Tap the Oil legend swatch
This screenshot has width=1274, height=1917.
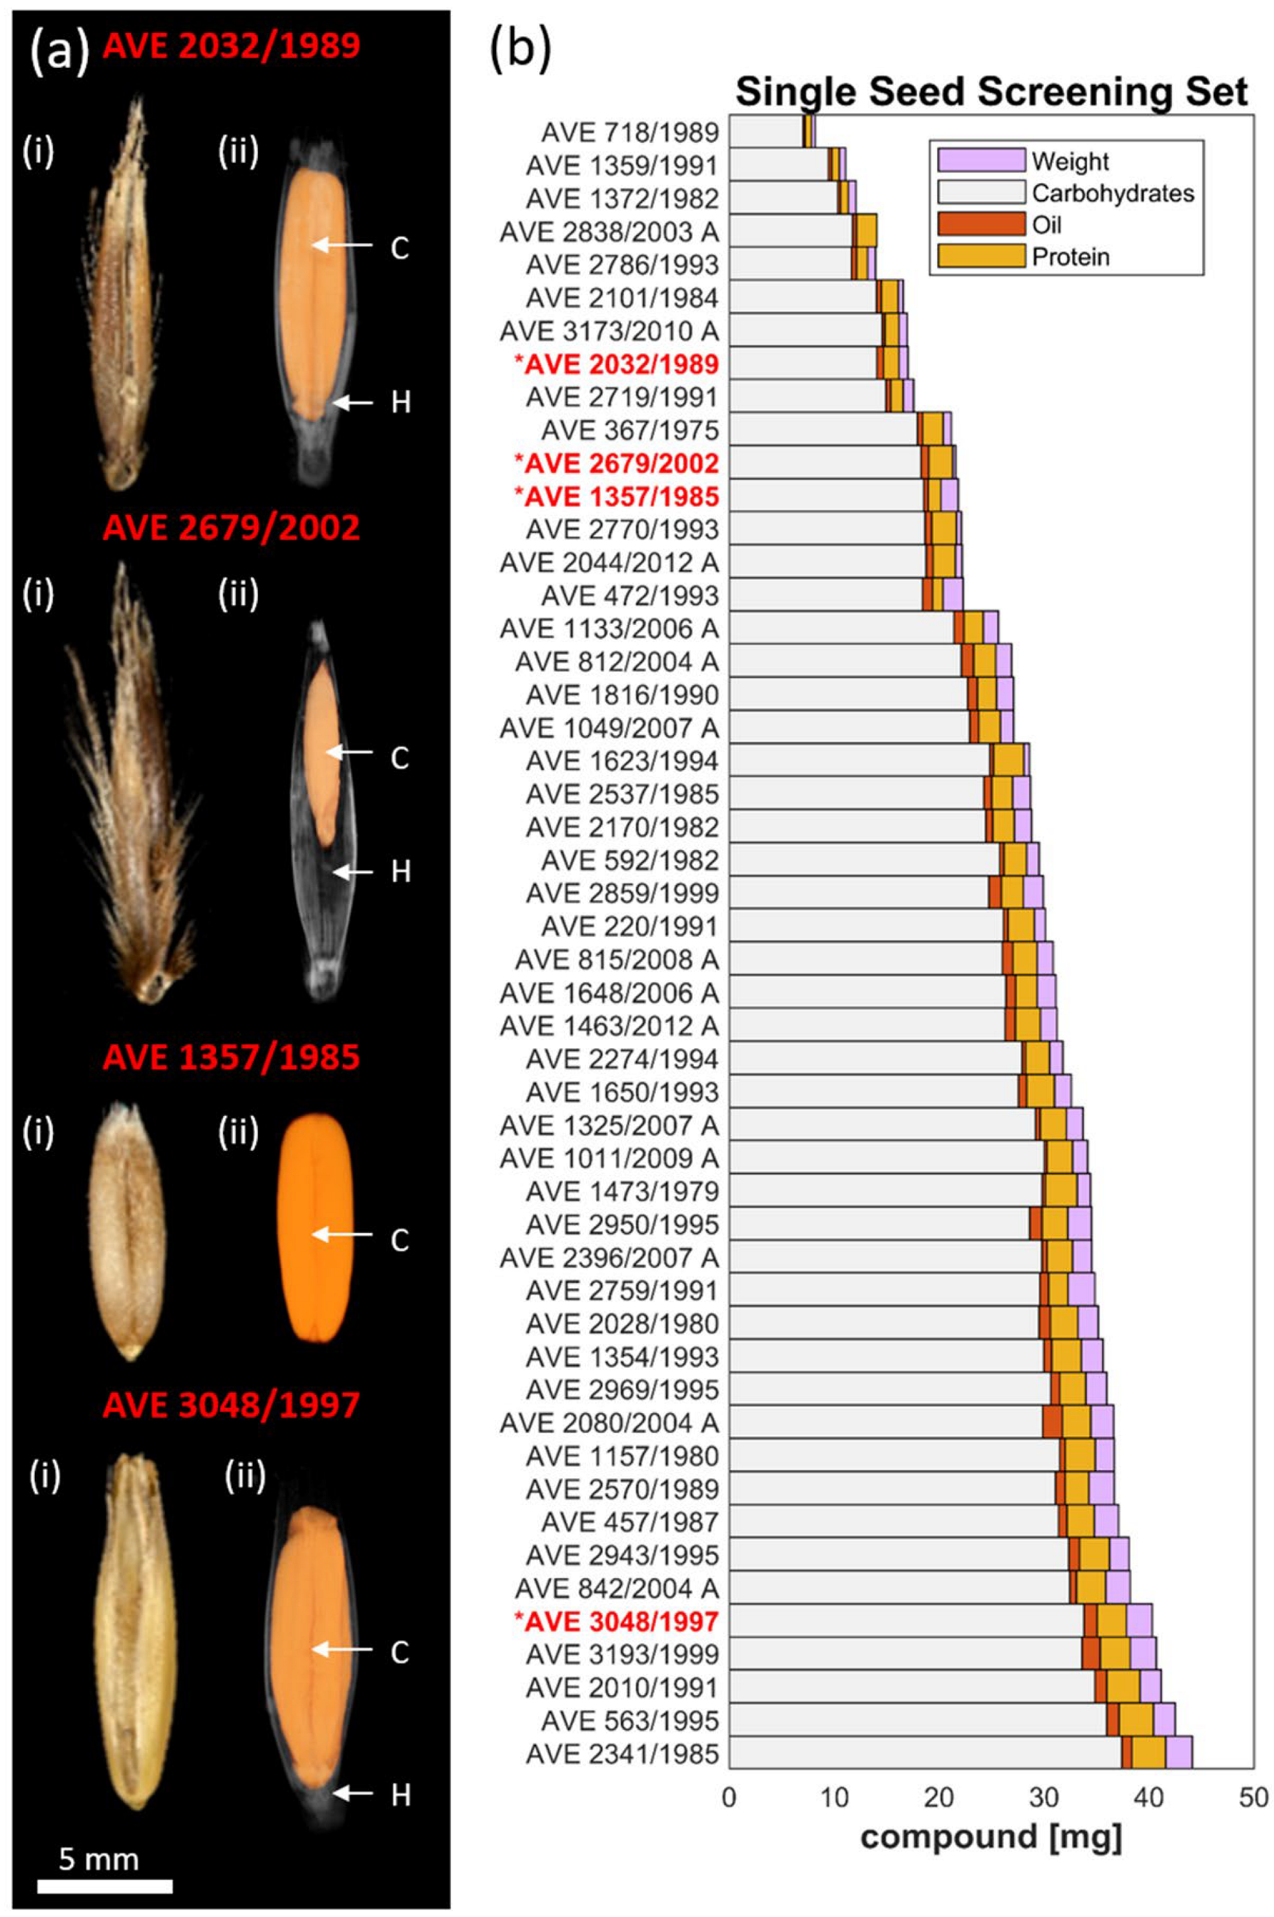click(980, 225)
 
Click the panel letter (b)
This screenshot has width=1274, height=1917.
click(521, 49)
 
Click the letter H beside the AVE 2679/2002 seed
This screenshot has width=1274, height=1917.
click(400, 873)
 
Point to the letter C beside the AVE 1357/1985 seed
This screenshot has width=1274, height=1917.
click(400, 1241)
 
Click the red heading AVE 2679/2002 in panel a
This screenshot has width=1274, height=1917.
click(232, 528)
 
